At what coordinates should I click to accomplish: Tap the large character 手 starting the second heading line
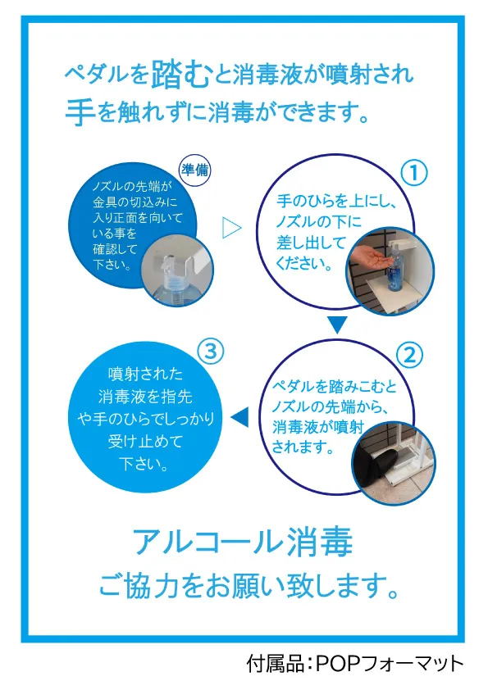[80, 109]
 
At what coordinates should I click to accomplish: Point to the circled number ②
[409, 354]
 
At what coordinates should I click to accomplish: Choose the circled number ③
[211, 352]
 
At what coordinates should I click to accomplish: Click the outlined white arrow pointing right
[232, 228]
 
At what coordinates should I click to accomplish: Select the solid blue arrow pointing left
[239, 419]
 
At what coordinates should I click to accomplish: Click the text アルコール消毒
[243, 542]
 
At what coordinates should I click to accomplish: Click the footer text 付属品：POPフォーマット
[355, 662]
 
